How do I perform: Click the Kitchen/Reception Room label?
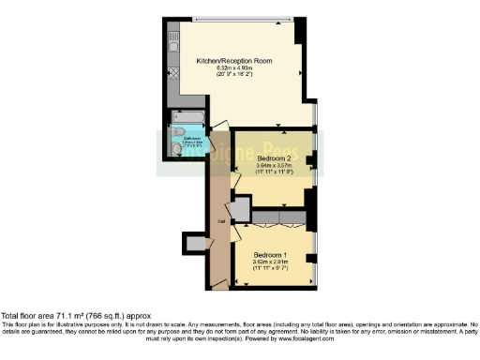click(233, 60)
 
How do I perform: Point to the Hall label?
click(220, 221)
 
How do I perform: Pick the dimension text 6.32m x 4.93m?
click(233, 67)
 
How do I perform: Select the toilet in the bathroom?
click(176, 148)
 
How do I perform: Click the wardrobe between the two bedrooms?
click(277, 217)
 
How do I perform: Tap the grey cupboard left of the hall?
click(195, 244)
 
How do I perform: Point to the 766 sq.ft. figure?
click(102, 317)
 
